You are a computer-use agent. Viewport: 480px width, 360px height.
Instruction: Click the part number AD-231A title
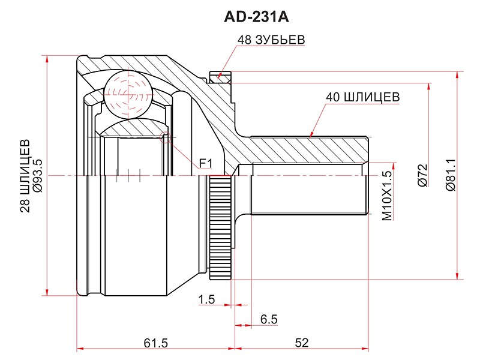256,17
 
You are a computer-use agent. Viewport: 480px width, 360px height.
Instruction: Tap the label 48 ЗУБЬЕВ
271,40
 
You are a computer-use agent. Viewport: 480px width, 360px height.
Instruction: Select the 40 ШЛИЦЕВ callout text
363,97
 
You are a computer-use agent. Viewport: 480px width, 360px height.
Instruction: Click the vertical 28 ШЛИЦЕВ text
25,176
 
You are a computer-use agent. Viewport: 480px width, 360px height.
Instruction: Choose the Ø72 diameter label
422,175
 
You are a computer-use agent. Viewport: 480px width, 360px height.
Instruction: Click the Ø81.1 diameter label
451,175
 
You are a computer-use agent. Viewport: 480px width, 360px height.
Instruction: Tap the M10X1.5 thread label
387,196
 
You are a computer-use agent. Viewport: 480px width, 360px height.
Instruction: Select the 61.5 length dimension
156,343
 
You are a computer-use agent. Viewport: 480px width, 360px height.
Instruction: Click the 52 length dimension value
302,343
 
